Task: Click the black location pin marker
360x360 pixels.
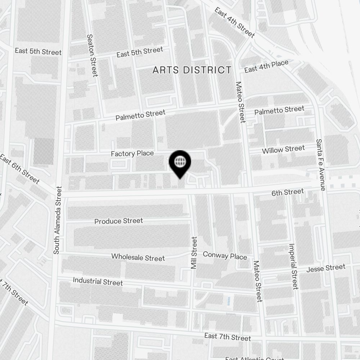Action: (180, 163)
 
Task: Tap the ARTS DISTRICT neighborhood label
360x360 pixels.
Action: (192, 70)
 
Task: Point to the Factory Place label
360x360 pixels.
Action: (132, 154)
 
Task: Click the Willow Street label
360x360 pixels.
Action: (283, 149)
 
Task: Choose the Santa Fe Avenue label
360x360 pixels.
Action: (320, 165)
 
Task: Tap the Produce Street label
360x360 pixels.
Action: (118, 221)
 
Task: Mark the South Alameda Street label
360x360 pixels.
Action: (57, 220)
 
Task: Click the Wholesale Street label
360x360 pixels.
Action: (138, 257)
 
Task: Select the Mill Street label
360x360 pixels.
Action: (194, 253)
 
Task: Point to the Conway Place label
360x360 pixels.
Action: (225, 256)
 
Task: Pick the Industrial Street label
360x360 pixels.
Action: (98, 281)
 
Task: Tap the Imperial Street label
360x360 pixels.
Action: (293, 266)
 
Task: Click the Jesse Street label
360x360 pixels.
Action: (325, 268)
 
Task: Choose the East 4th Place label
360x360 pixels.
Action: (266, 66)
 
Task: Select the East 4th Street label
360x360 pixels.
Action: (234, 22)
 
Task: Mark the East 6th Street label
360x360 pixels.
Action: (19, 169)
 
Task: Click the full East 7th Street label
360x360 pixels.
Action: (227, 337)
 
